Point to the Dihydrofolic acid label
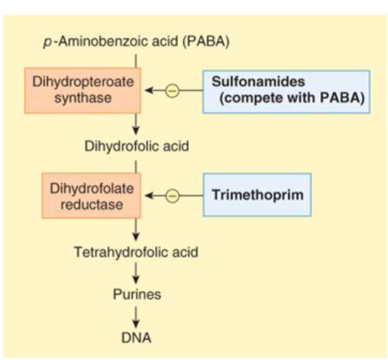(136, 146)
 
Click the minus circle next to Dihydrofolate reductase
(171, 196)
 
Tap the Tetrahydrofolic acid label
(136, 252)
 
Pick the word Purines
(136, 294)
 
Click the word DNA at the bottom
(136, 338)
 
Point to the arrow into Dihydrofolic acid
(136, 124)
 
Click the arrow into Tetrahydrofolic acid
(136, 231)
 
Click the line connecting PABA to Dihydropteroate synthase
(136, 59)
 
